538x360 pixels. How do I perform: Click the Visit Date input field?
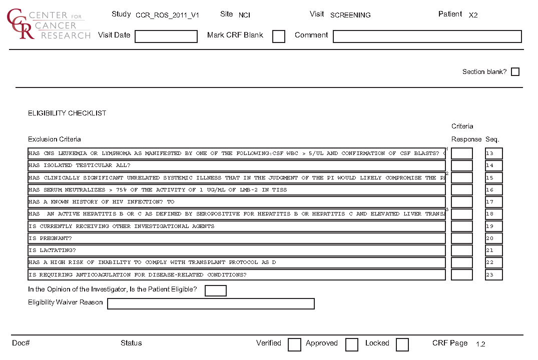[x=166, y=36]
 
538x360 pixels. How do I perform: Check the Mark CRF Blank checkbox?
[x=279, y=36]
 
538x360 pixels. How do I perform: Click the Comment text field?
[x=427, y=36]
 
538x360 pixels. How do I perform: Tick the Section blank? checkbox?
[x=515, y=72]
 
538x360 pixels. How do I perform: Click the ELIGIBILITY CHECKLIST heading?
[x=67, y=113]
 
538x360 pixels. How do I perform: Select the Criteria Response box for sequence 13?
[x=461, y=153]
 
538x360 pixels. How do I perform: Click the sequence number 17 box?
[x=493, y=202]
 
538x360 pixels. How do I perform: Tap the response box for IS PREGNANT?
[x=461, y=238]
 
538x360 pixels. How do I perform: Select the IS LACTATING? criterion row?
[x=236, y=250]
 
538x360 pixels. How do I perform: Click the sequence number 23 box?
[x=493, y=274]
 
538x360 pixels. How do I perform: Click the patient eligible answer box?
[x=216, y=290]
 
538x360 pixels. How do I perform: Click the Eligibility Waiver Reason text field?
[x=211, y=304]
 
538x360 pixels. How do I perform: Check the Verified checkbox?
[x=294, y=344]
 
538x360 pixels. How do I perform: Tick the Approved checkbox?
[x=352, y=344]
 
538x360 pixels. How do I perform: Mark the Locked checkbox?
[x=402, y=344]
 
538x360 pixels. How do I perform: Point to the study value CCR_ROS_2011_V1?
[x=167, y=15]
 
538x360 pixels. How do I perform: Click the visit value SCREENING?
[x=350, y=15]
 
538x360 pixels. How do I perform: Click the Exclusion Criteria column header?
[x=55, y=139]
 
